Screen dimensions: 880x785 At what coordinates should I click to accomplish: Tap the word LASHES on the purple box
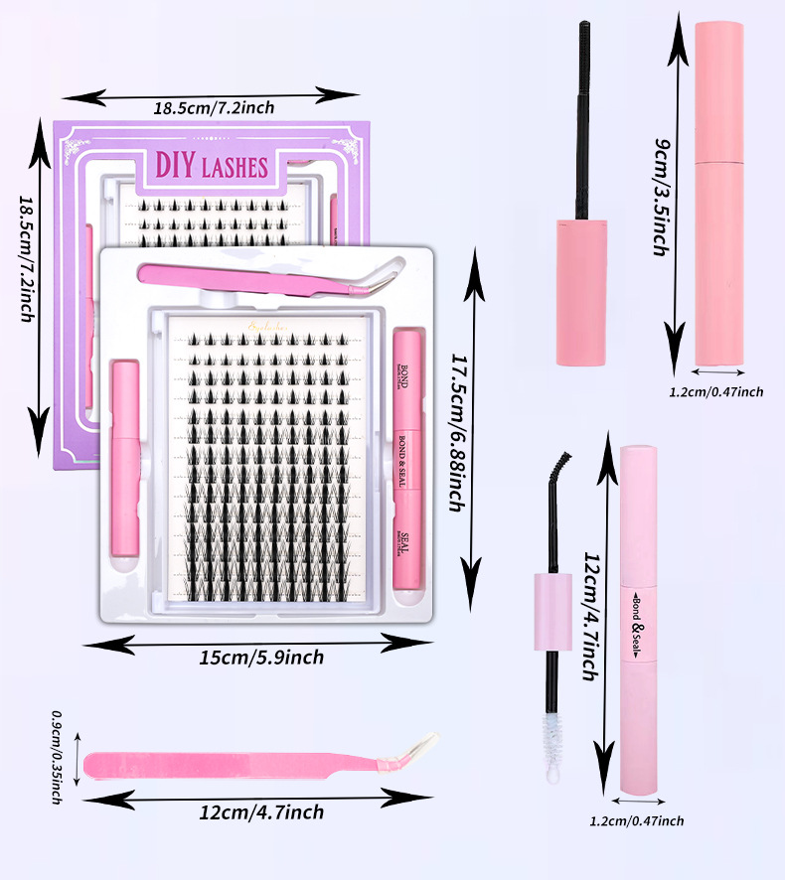pos(235,167)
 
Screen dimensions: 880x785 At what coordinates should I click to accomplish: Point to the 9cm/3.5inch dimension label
pos(658,199)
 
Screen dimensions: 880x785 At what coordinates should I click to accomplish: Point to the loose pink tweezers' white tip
pos(425,742)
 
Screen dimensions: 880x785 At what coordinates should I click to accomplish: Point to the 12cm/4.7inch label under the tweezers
pos(261,812)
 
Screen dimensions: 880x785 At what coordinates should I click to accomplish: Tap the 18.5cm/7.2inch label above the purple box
pos(214,106)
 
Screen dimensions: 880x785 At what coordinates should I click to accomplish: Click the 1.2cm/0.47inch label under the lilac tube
pos(636,820)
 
